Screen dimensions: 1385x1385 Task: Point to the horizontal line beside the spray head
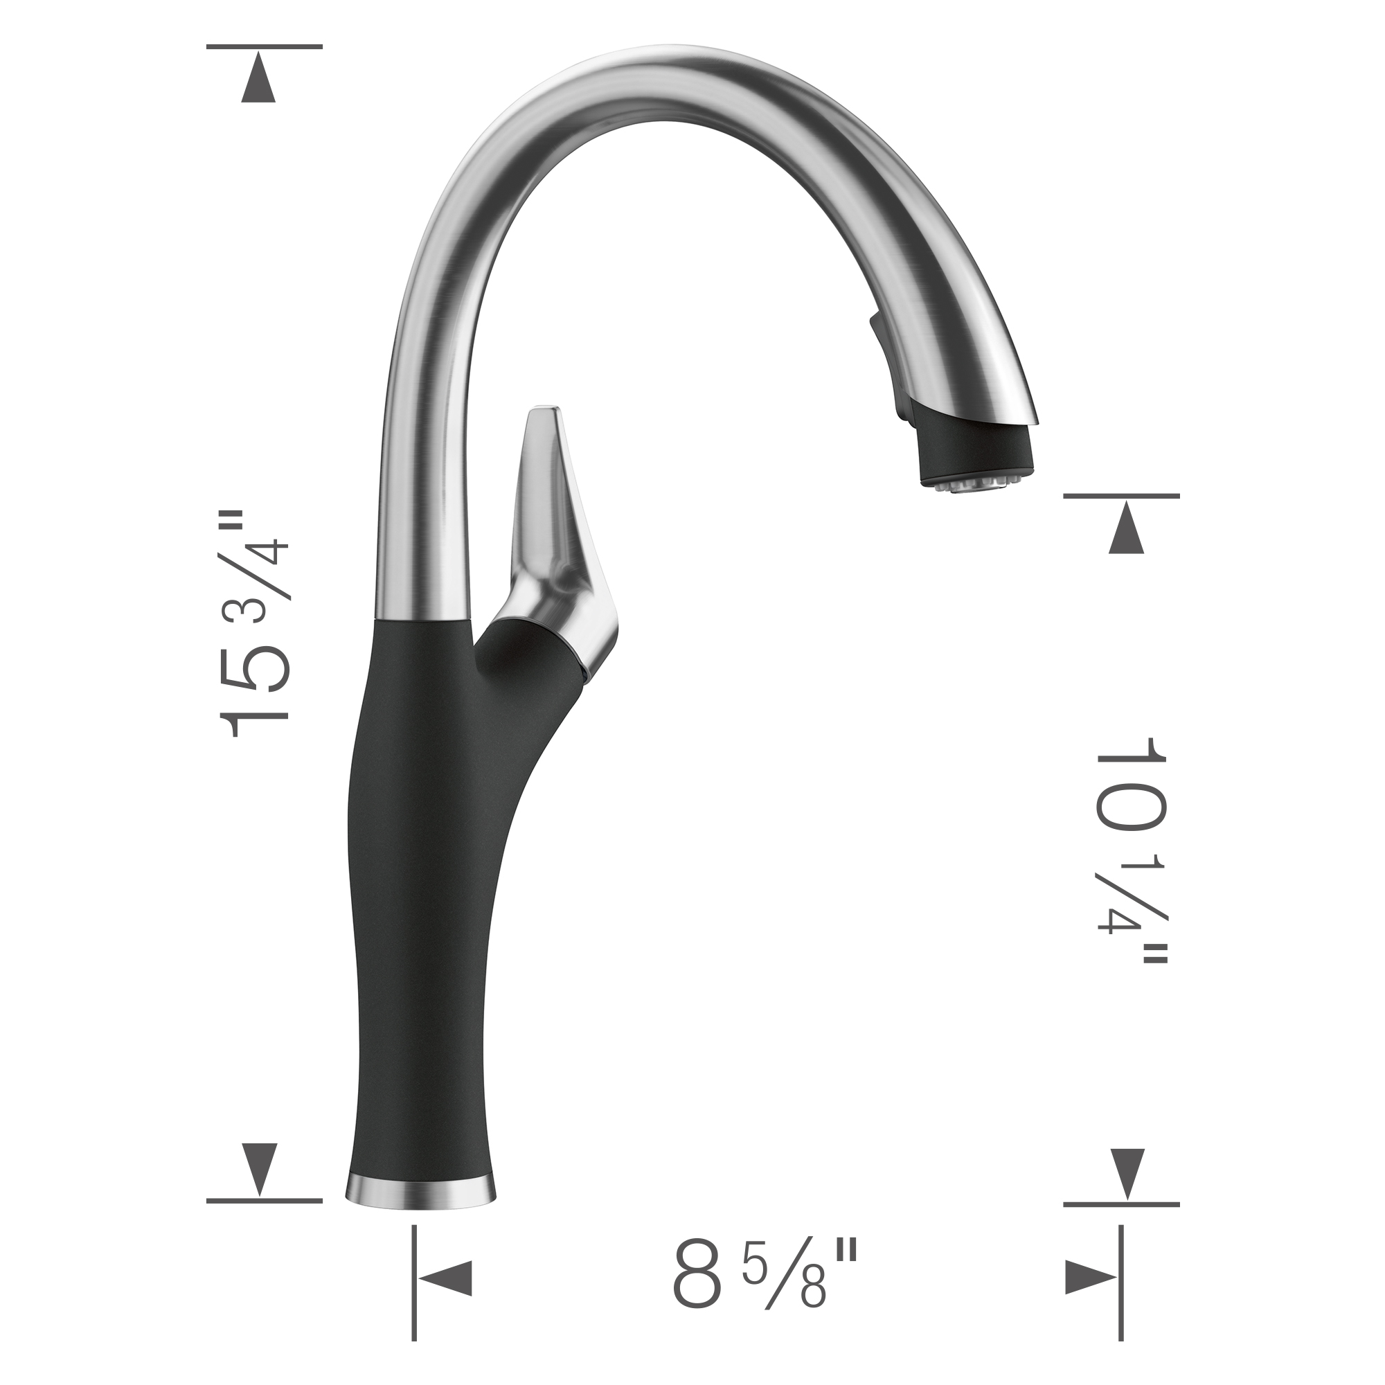1121,495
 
